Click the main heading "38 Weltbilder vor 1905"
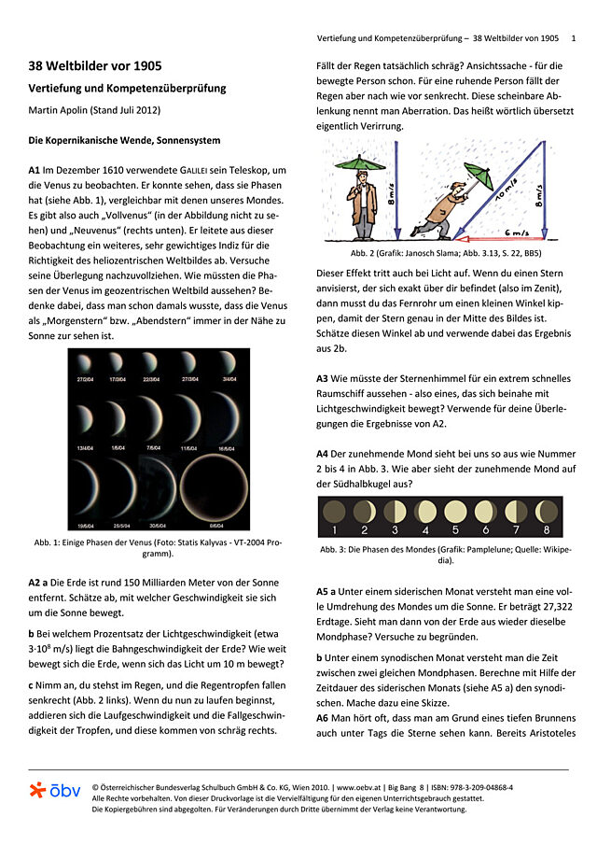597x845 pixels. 95,66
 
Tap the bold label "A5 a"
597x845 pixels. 326,591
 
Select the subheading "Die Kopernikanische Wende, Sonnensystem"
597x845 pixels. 124,140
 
